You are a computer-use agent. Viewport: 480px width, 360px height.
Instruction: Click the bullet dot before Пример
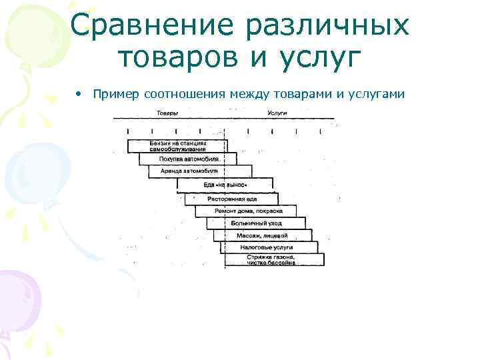pos(79,94)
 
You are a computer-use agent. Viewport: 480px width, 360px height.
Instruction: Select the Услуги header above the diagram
pos(277,113)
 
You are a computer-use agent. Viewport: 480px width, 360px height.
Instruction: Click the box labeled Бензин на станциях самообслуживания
pos(177,146)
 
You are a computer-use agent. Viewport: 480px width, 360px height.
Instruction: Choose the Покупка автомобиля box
pos(188,159)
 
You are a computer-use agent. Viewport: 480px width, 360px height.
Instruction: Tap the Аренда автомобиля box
pos(199,171)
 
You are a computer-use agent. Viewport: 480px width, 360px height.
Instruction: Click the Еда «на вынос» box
pos(225,184)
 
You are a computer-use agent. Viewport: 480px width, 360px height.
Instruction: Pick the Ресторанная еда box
pos(231,199)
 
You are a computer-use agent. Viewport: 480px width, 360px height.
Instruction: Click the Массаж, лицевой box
pos(262,235)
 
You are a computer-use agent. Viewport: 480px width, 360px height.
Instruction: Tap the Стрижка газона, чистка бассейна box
pos(273,259)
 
